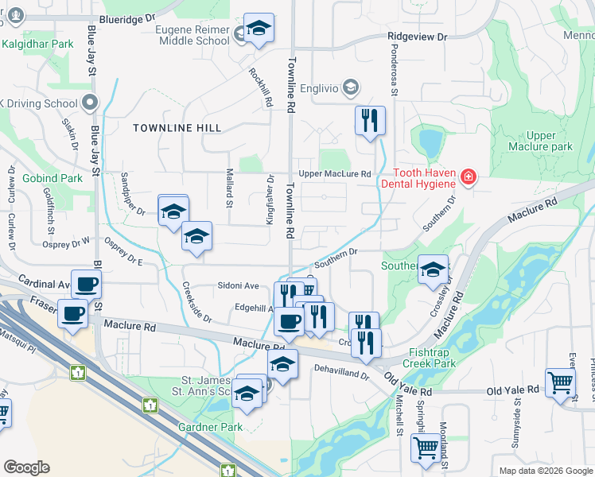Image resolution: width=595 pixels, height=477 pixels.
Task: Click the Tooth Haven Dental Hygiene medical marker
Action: (x=469, y=176)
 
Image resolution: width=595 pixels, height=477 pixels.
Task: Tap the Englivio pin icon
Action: (x=352, y=87)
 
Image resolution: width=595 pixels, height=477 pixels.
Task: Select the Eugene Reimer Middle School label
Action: (x=191, y=35)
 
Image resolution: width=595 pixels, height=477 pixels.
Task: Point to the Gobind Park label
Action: (x=52, y=178)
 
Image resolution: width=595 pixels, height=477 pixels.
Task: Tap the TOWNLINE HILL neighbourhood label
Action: (x=177, y=128)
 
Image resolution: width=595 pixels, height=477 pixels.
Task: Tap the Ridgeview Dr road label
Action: (x=418, y=37)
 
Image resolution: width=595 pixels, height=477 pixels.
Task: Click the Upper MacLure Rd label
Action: (x=335, y=173)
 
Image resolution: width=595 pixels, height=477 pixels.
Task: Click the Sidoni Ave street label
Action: (x=239, y=285)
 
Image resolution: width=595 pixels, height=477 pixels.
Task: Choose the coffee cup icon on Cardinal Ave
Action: (x=86, y=284)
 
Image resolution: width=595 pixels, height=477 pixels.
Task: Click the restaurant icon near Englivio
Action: (x=370, y=120)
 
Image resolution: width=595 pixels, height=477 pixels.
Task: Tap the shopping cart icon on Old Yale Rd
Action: (x=560, y=382)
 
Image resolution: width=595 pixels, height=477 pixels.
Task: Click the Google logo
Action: (x=26, y=467)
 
